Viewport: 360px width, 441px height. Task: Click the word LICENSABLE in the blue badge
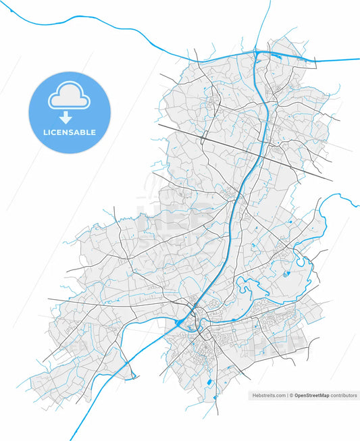68,132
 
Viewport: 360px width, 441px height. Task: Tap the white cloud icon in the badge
68,98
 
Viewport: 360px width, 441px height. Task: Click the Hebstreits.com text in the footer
269,395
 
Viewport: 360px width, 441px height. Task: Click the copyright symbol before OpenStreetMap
292,395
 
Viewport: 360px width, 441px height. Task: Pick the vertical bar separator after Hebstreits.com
287,395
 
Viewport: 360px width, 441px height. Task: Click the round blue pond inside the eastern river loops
286,274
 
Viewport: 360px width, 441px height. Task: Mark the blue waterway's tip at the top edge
270,1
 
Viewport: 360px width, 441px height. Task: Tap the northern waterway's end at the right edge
359,59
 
